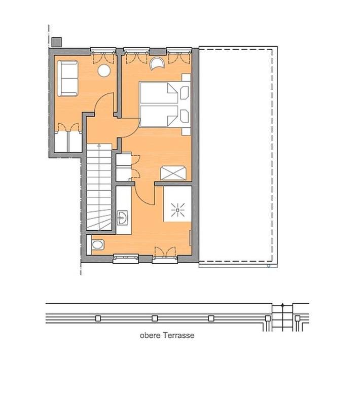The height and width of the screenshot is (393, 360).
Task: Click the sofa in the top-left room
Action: (x=67, y=78)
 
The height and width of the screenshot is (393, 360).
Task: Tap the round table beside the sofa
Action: (x=104, y=71)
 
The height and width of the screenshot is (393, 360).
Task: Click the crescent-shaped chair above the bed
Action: (x=158, y=63)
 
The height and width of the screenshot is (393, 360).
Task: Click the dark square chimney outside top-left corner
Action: (x=56, y=42)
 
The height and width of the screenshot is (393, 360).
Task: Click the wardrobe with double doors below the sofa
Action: (x=67, y=139)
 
